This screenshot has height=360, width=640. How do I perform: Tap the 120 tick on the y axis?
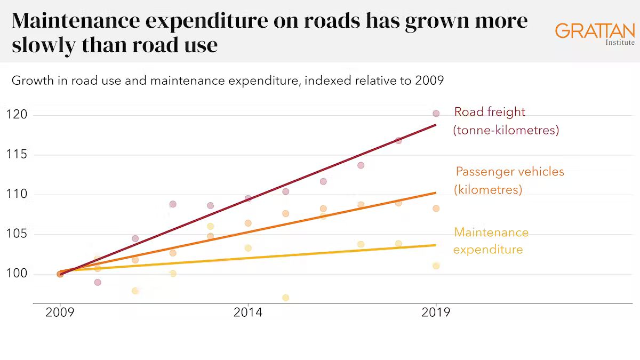pos(17,115)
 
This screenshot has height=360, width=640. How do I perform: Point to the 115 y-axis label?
pos(17,155)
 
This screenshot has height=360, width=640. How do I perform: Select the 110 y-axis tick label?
pos(17,195)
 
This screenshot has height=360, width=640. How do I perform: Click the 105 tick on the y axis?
pos(17,235)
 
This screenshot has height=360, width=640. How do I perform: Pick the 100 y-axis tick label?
pos(17,274)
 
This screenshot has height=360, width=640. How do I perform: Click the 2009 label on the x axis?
pos(60,313)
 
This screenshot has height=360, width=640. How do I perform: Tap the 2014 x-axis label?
pos(248,313)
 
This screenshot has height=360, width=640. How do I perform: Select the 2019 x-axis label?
pos(436,313)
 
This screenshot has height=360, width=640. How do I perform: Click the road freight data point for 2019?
pos(436,114)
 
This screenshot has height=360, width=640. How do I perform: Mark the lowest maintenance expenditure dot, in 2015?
pos(286,298)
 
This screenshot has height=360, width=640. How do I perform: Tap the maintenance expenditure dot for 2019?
pos(436,266)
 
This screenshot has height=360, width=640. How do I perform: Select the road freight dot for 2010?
pos(98,282)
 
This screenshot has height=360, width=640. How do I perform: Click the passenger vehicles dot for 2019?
pos(436,209)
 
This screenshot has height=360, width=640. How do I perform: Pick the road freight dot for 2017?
pos(361,165)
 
